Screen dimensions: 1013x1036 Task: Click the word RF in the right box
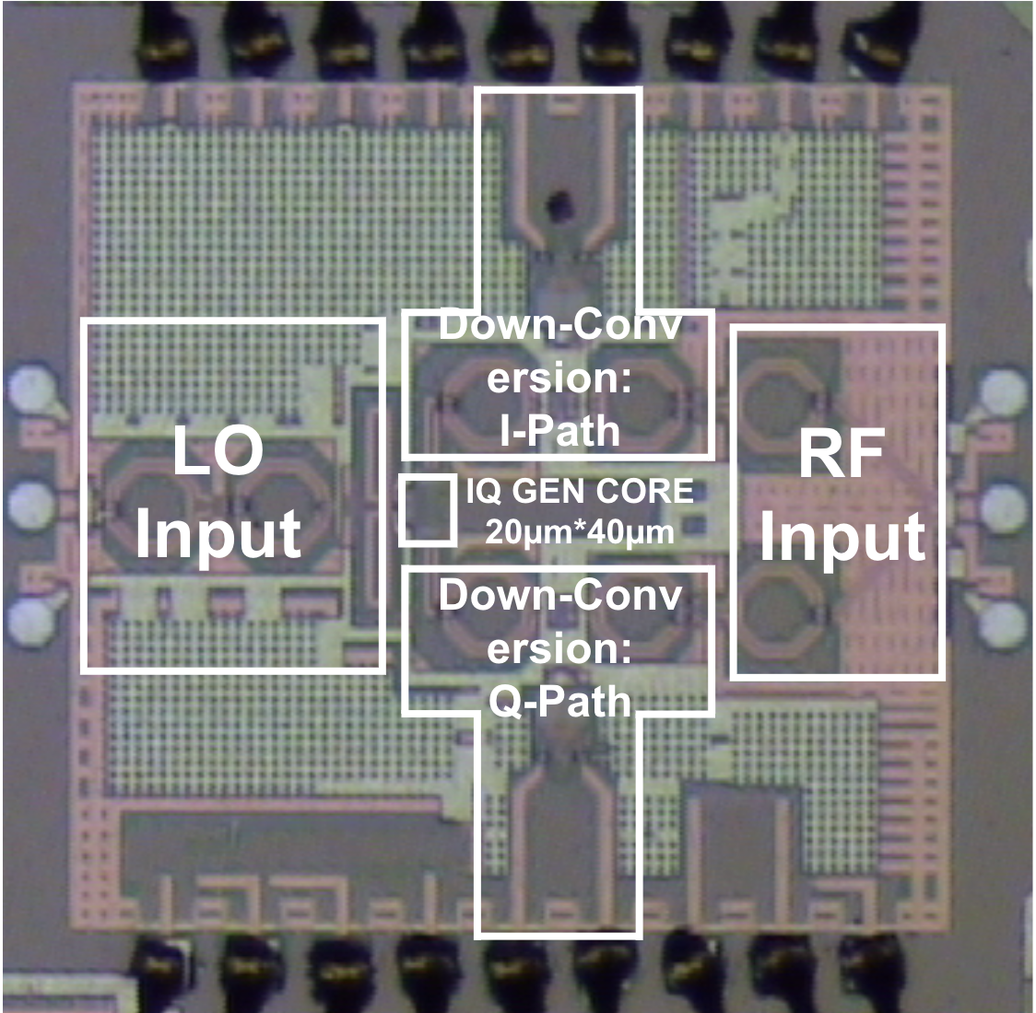pyautogui.click(x=841, y=453)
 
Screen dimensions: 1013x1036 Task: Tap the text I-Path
pyautogui.click(x=560, y=431)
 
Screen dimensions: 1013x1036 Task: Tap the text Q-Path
pyautogui.click(x=560, y=702)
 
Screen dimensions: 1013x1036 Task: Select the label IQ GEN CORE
pyautogui.click(x=580, y=491)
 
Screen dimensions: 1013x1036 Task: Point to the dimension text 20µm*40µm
pyautogui.click(x=580, y=531)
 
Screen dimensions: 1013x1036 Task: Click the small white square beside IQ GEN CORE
pyautogui.click(x=427, y=509)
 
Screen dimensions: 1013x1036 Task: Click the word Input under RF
pyautogui.click(x=842, y=537)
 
